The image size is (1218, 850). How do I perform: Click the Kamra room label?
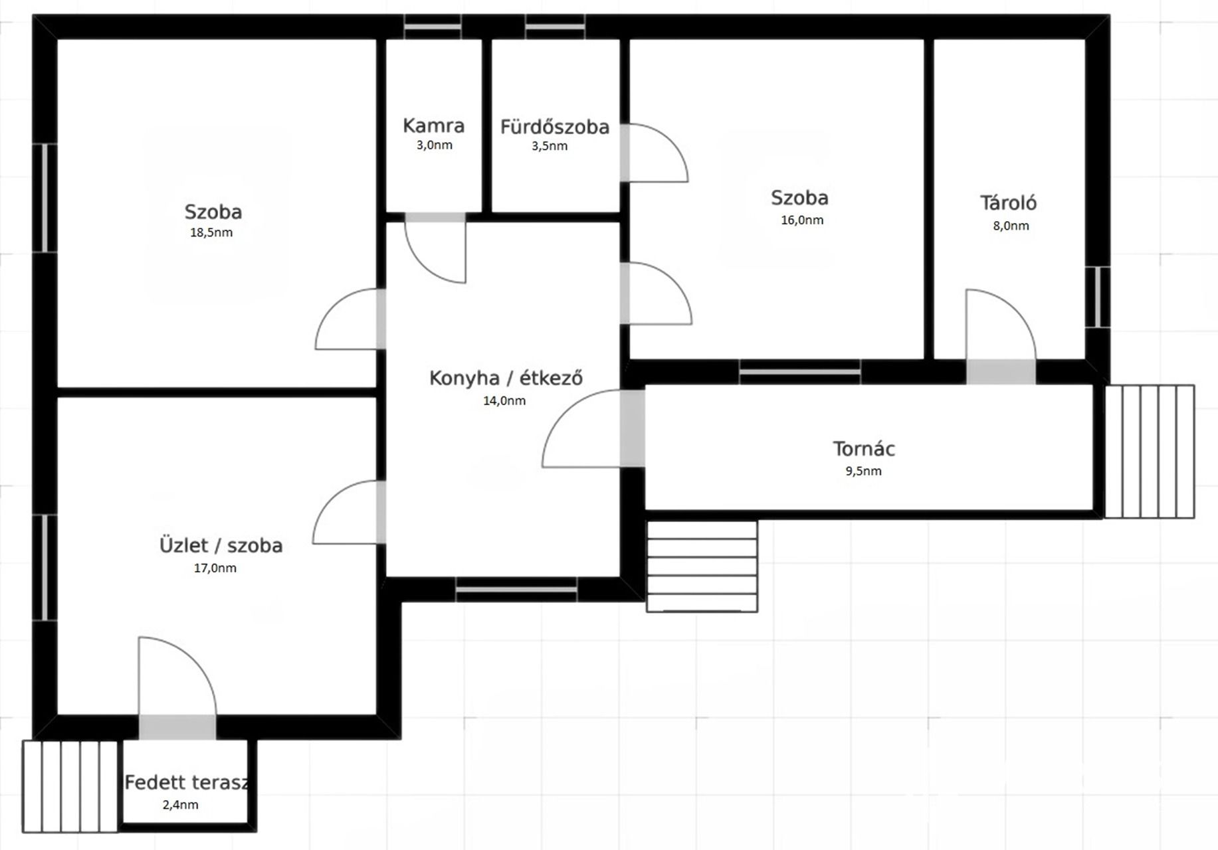pos(433,126)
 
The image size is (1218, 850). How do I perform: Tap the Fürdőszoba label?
pos(555,127)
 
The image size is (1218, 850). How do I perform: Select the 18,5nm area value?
pos(211,232)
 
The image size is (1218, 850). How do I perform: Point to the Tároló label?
pos(1008,203)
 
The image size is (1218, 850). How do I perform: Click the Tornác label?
pos(864,449)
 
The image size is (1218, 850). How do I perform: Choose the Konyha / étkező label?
pos(506,378)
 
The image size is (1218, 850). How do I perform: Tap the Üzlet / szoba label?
pos(221,545)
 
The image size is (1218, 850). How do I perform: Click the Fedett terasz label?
pos(187,782)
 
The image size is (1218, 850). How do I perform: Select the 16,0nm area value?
pos(802,220)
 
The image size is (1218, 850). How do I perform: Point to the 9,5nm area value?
pos(863,471)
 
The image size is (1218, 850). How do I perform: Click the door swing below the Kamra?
pos(435,248)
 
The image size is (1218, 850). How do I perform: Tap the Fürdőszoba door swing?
pos(655,153)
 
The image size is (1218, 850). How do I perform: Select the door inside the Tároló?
pos(1001,335)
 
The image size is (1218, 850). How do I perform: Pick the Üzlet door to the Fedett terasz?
pos(177,687)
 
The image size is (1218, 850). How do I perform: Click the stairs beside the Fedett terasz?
pos(70,786)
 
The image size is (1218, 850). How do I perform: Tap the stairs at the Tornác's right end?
pos(1150,452)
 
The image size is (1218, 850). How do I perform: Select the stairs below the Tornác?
pos(702,566)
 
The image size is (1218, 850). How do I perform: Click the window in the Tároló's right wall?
pos(1097,297)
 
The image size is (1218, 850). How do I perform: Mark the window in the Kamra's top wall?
pos(433,27)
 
